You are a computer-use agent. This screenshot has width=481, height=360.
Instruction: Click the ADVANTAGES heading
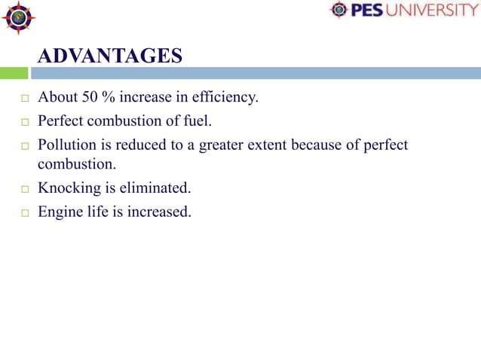pos(110,56)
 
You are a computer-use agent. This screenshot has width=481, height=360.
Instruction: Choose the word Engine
pos(60,212)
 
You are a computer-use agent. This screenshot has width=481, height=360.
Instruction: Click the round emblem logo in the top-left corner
pos(18,18)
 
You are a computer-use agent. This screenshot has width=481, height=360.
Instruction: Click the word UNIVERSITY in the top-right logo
pos(434,11)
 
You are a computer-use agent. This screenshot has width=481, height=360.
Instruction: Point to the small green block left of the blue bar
pos(14,73)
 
